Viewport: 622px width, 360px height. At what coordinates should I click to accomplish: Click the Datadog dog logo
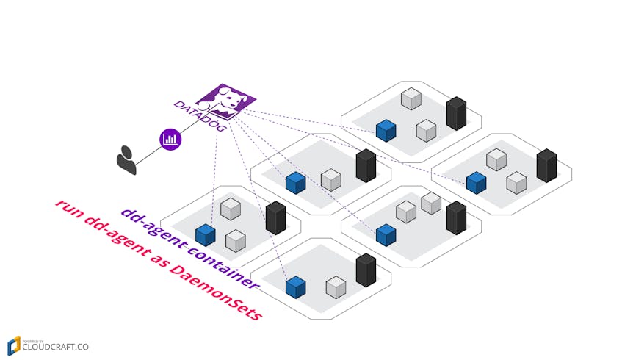coord(226,98)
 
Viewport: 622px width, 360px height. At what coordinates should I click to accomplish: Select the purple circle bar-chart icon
coord(170,138)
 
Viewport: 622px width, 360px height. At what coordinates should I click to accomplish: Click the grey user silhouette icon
coord(126,160)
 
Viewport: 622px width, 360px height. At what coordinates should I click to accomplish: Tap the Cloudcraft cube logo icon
coord(14,345)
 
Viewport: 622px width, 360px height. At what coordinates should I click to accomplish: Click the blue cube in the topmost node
coord(386,130)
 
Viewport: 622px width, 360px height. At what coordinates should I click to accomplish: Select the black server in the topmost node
coord(456,113)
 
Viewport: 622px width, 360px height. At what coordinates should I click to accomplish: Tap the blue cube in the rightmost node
coord(476,182)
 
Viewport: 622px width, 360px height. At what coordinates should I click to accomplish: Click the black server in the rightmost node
coord(546,165)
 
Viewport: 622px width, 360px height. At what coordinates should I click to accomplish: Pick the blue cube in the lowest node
coord(295,287)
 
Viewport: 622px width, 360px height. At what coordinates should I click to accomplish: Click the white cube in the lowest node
coord(336,287)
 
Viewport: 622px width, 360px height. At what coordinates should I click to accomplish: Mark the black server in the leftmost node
coord(275,217)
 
